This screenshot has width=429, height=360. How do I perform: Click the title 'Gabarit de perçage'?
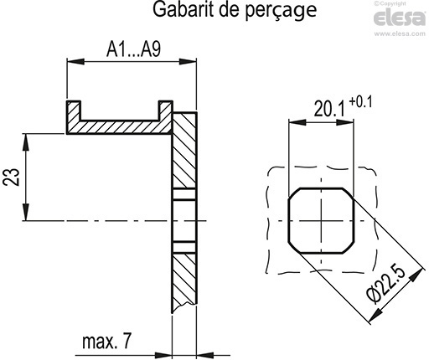click(222, 12)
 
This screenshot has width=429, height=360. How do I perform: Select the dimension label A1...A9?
click(133, 50)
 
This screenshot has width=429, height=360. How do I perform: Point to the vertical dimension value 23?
click(13, 176)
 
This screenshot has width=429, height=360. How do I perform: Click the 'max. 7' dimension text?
click(107, 341)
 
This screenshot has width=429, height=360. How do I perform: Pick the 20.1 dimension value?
click(330, 109)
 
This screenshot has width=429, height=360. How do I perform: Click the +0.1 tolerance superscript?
click(361, 102)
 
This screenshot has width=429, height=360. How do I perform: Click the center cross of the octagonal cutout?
click(322, 219)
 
